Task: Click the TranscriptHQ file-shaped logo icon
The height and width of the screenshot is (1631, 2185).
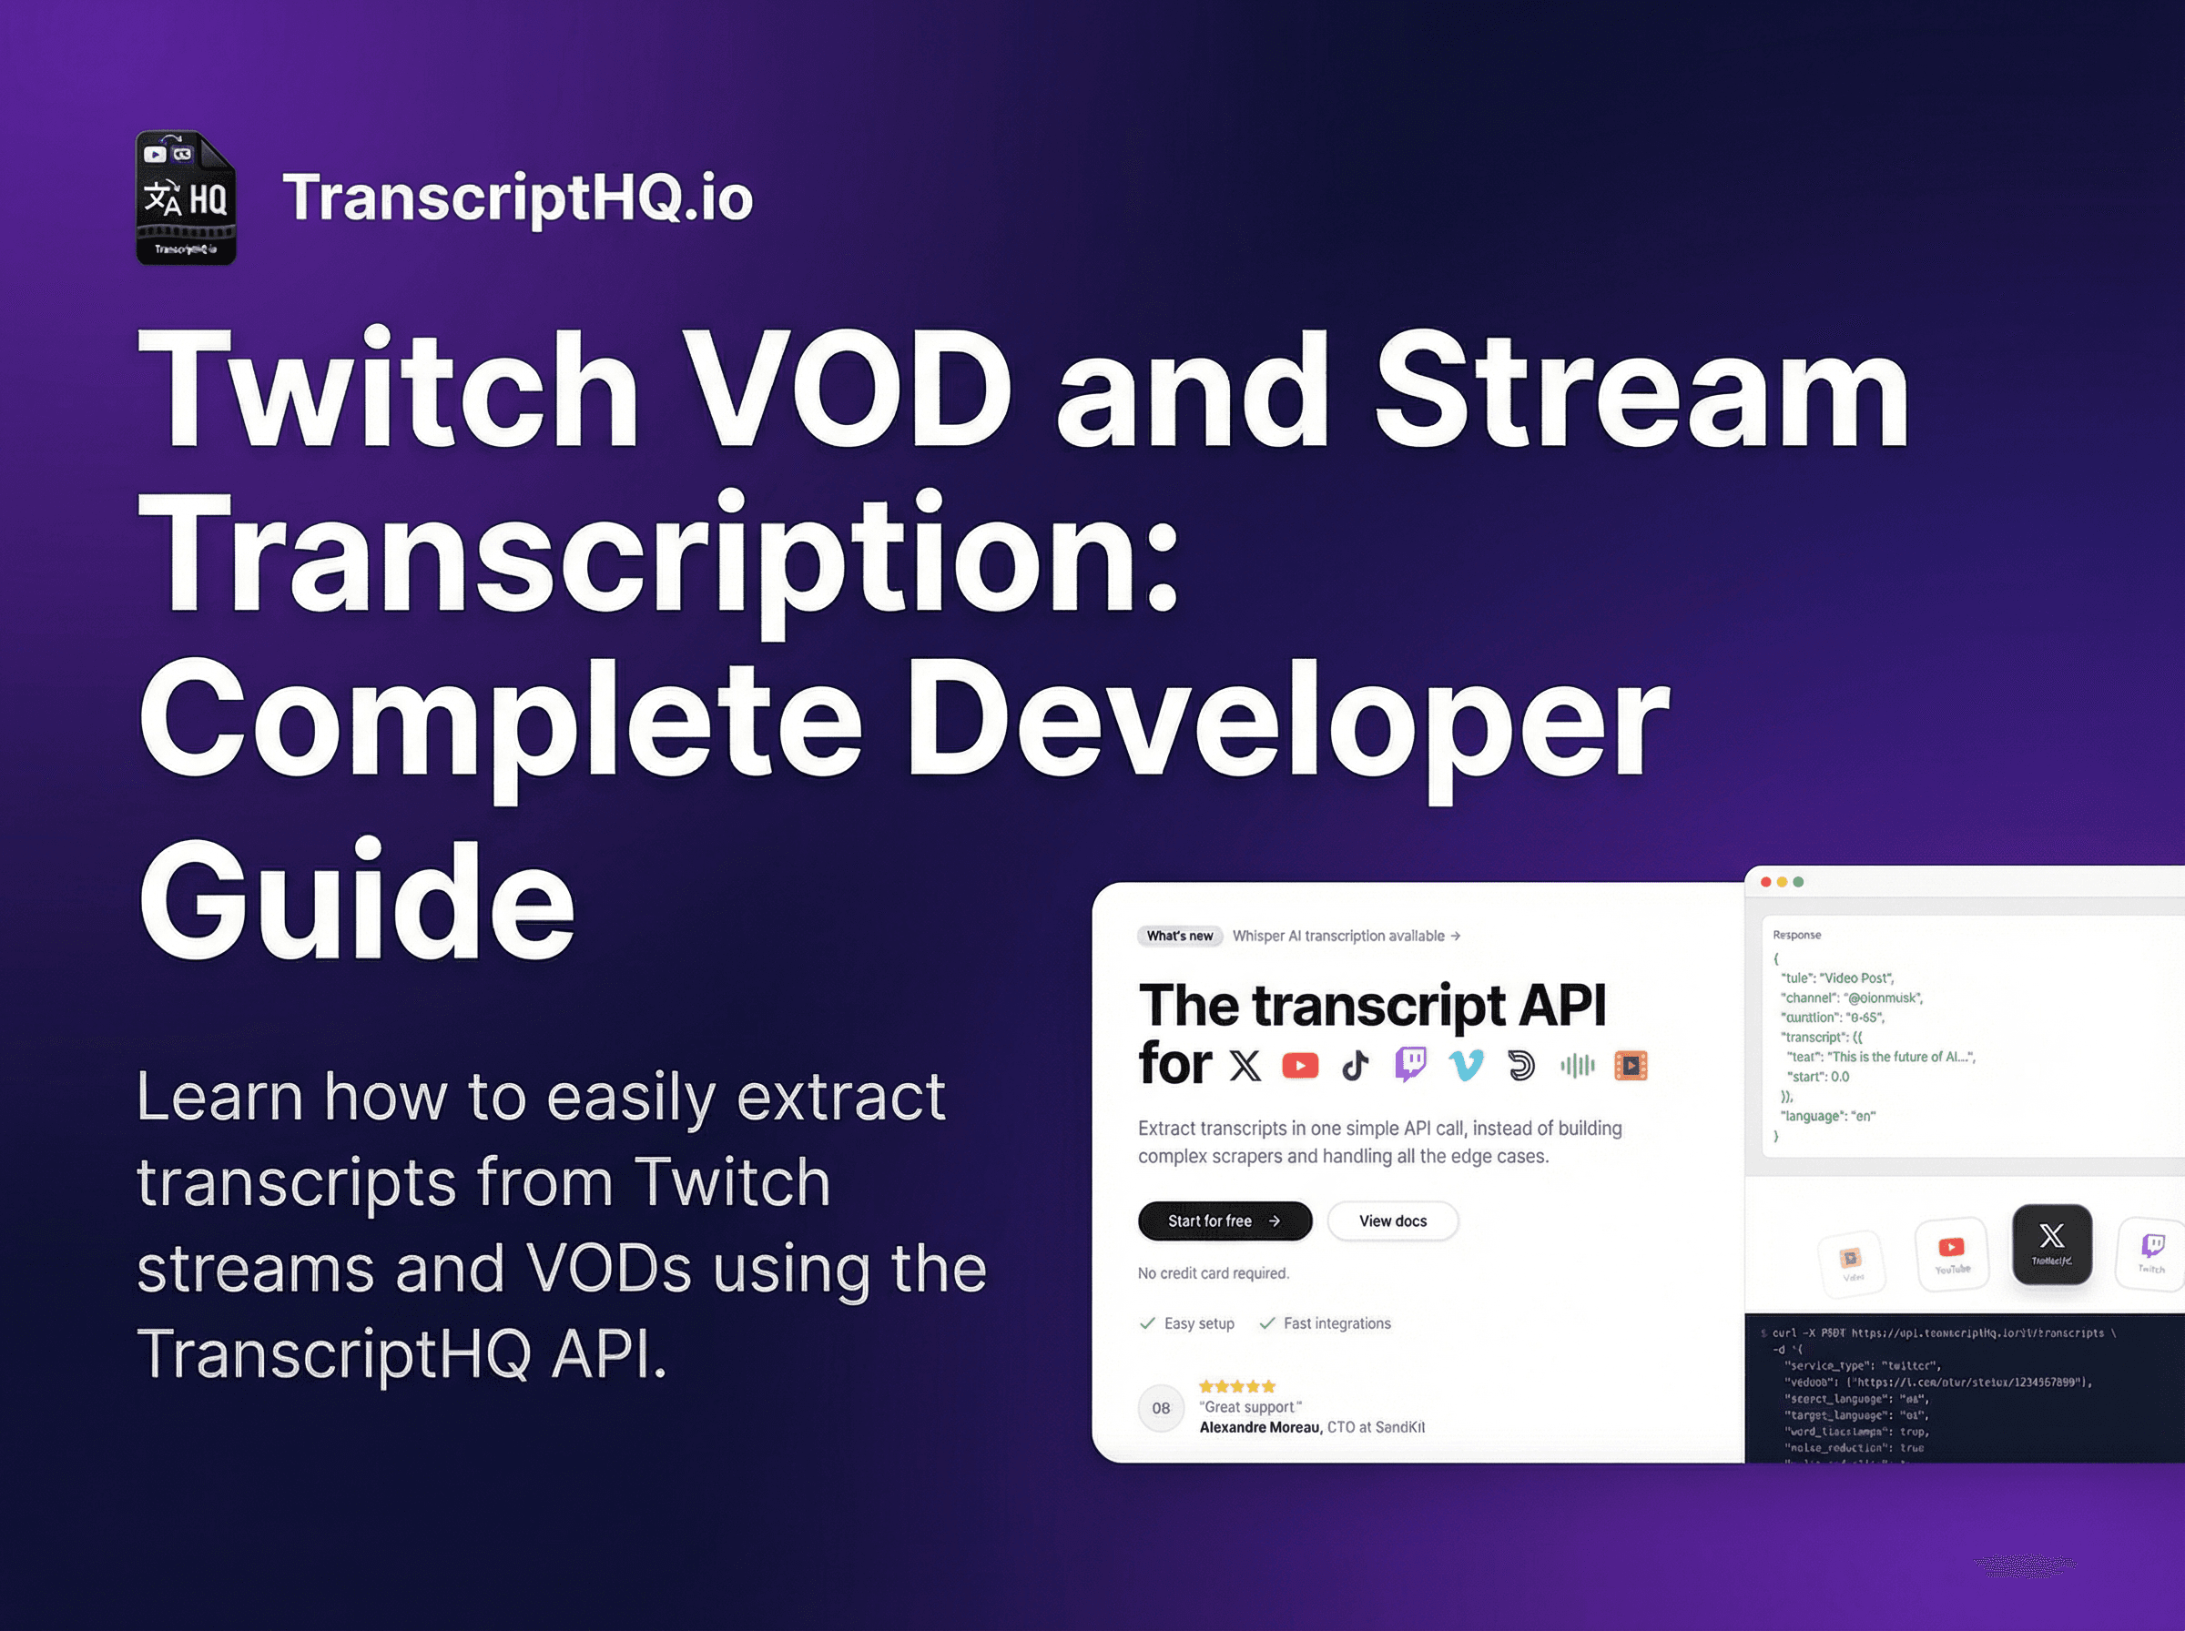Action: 186,198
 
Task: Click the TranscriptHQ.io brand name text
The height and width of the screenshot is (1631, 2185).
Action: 517,198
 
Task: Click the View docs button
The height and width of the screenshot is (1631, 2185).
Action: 1392,1221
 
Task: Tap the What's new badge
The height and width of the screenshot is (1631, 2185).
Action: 1180,936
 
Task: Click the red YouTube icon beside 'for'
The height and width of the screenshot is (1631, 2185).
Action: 1300,1065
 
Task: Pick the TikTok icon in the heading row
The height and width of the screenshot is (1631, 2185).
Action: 1356,1065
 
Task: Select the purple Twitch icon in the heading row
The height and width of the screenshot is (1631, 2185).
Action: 1411,1064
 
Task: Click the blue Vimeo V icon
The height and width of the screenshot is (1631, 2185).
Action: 1466,1065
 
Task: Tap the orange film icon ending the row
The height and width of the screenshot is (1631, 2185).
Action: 1631,1065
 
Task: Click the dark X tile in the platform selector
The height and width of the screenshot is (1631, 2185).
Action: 2052,1243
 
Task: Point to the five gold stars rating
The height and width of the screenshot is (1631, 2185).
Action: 1237,1386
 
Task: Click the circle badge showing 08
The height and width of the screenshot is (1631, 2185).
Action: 1161,1408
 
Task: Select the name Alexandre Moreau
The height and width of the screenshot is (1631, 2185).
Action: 1259,1428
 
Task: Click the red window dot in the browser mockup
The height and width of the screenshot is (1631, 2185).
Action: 1766,882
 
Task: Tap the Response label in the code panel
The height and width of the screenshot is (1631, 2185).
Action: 1797,935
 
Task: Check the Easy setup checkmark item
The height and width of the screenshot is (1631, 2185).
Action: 1188,1324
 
